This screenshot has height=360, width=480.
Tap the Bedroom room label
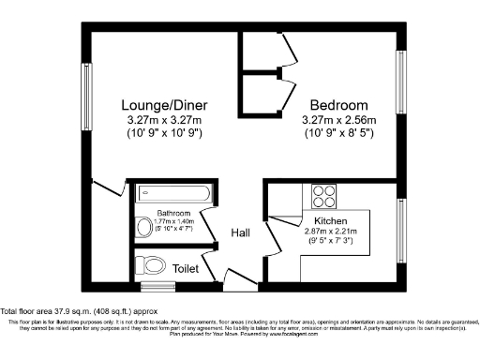pyautogui.click(x=338, y=106)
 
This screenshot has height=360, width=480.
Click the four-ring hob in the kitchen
pyautogui.click(x=323, y=196)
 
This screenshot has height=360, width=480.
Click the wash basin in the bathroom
pyautogui.click(x=142, y=226)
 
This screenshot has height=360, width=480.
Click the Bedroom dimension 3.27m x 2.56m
pyautogui.click(x=338, y=121)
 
